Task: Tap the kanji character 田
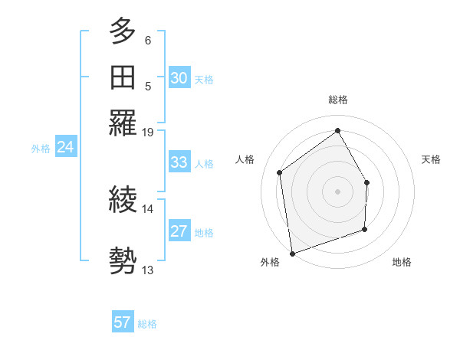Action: click(x=123, y=77)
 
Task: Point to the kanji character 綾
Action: click(x=123, y=201)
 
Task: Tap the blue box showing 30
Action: click(x=179, y=78)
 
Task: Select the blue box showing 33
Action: click(x=179, y=162)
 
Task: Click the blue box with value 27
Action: click(x=179, y=231)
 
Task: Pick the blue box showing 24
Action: click(x=65, y=147)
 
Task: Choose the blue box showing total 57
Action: click(x=123, y=322)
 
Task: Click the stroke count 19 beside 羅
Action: click(x=148, y=133)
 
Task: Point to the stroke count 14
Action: click(x=148, y=208)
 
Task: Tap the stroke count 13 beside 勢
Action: click(x=148, y=270)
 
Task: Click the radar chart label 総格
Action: click(x=338, y=100)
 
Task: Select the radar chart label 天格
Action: click(x=431, y=159)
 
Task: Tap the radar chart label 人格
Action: click(x=245, y=159)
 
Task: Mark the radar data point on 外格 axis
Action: click(x=292, y=253)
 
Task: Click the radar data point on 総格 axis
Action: click(x=338, y=131)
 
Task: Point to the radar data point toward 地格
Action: click(x=365, y=229)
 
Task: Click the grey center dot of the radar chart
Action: click(x=338, y=191)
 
